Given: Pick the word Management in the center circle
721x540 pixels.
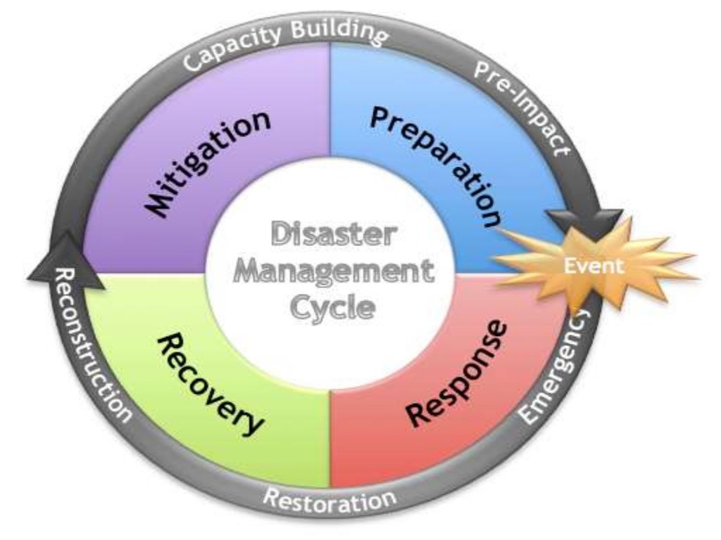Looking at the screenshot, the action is (332, 271).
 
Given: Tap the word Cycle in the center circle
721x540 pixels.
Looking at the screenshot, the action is (332, 307).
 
